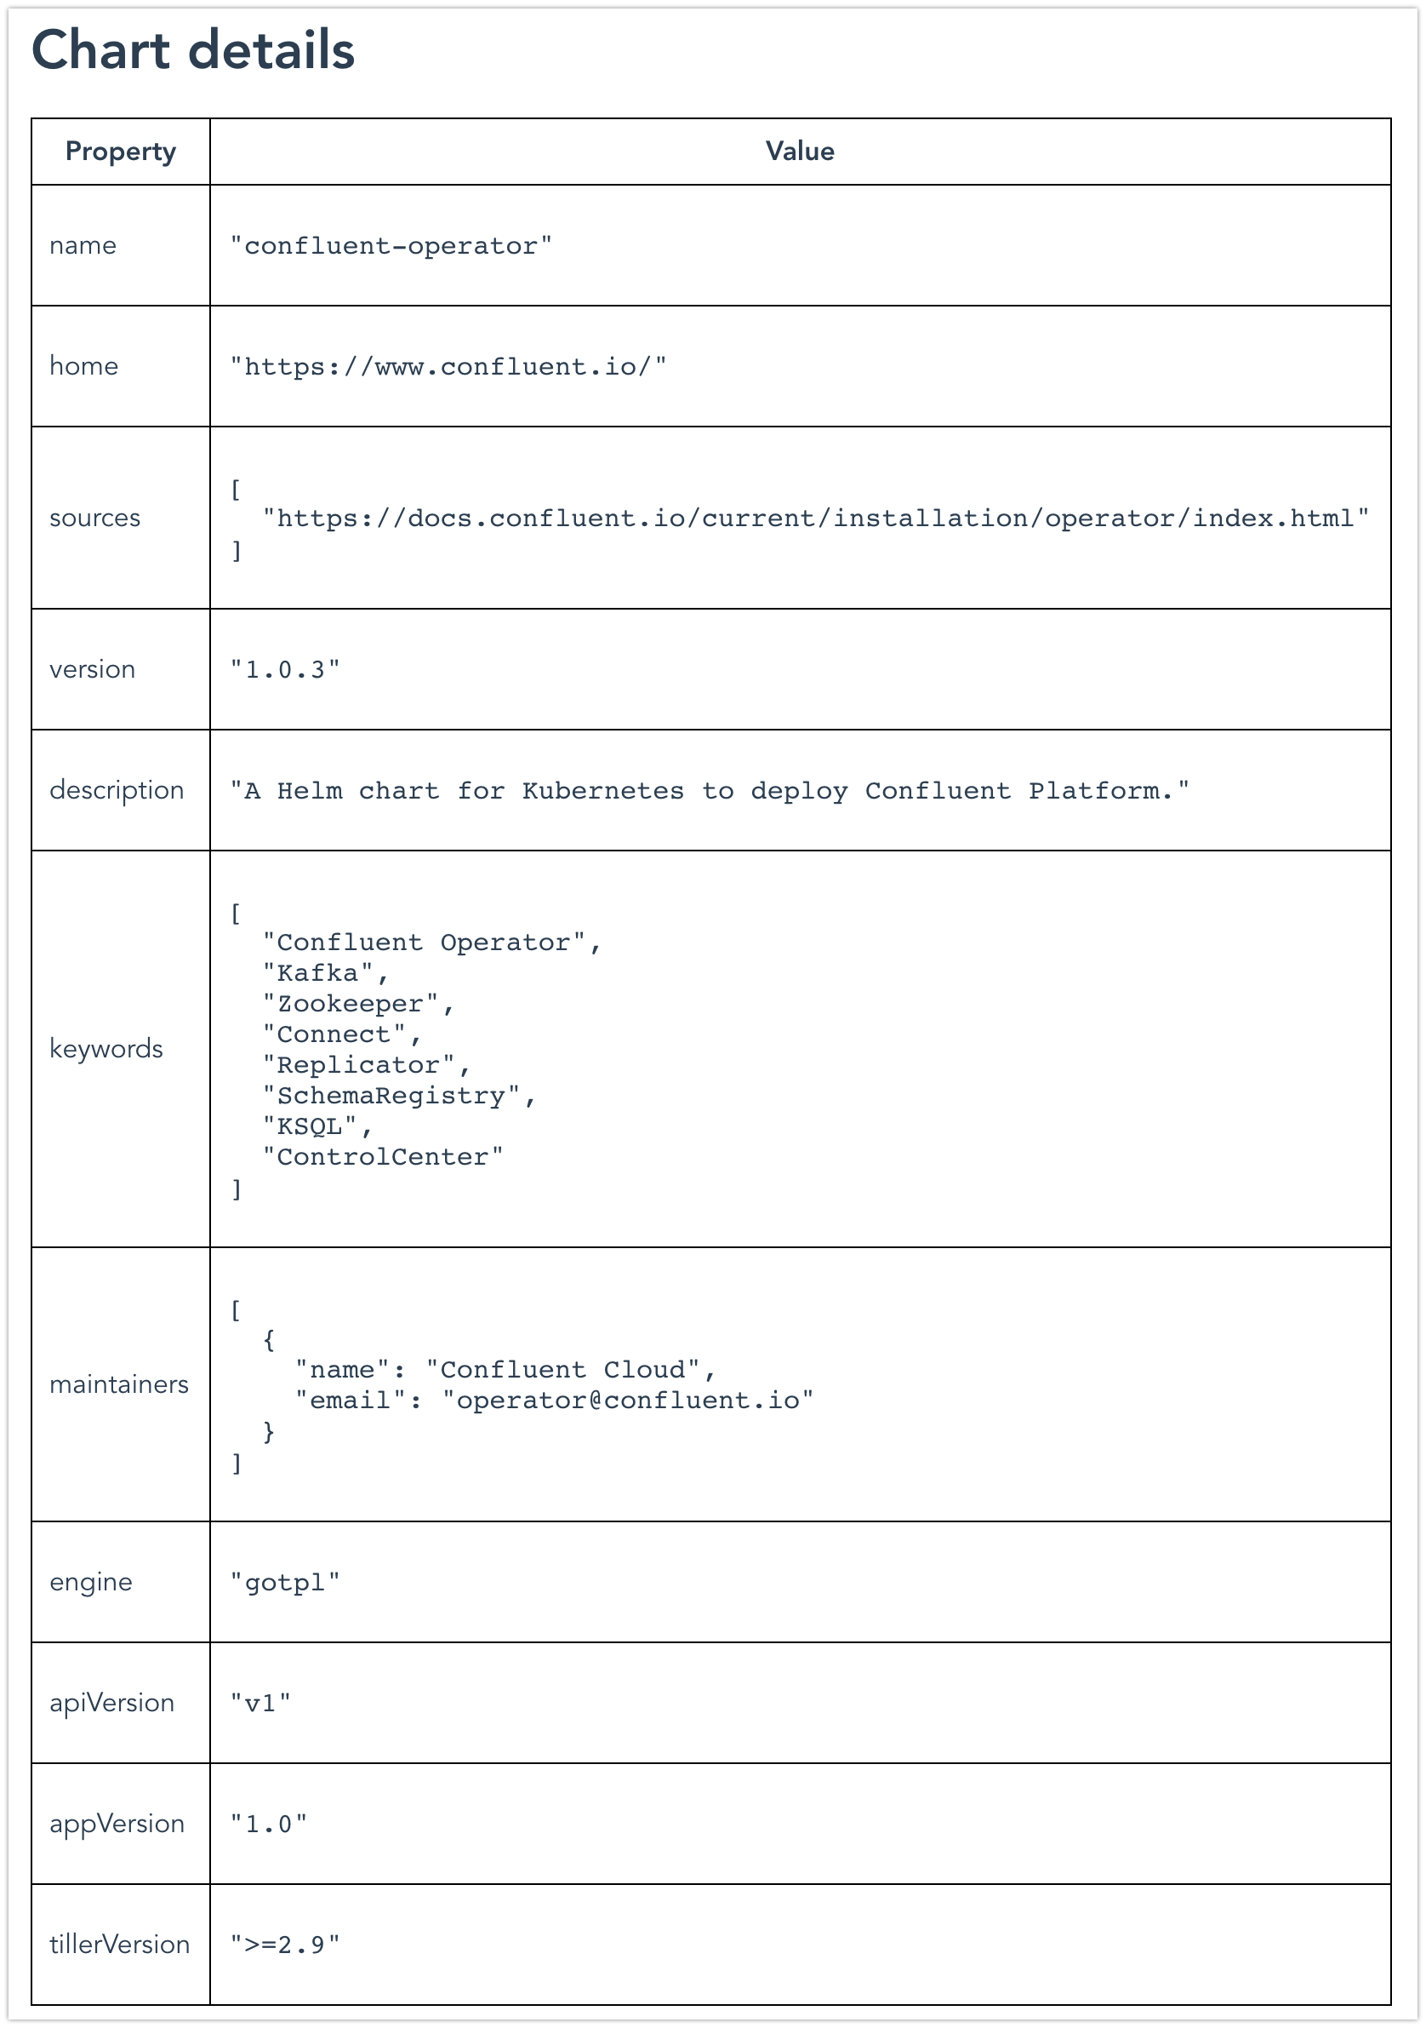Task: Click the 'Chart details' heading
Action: (193, 49)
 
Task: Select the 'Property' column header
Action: (121, 152)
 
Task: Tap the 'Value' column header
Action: (800, 151)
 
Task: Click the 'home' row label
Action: (84, 366)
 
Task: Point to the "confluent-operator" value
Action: (391, 245)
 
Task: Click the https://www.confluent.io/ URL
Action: (448, 367)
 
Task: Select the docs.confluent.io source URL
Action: (816, 518)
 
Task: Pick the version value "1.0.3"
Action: (285, 669)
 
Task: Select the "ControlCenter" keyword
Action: (383, 1157)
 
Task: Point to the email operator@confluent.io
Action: (628, 1400)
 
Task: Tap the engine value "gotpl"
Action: (285, 1582)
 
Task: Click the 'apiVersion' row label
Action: (112, 1702)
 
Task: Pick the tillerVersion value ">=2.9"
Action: (285, 1945)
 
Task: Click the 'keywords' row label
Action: (106, 1048)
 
